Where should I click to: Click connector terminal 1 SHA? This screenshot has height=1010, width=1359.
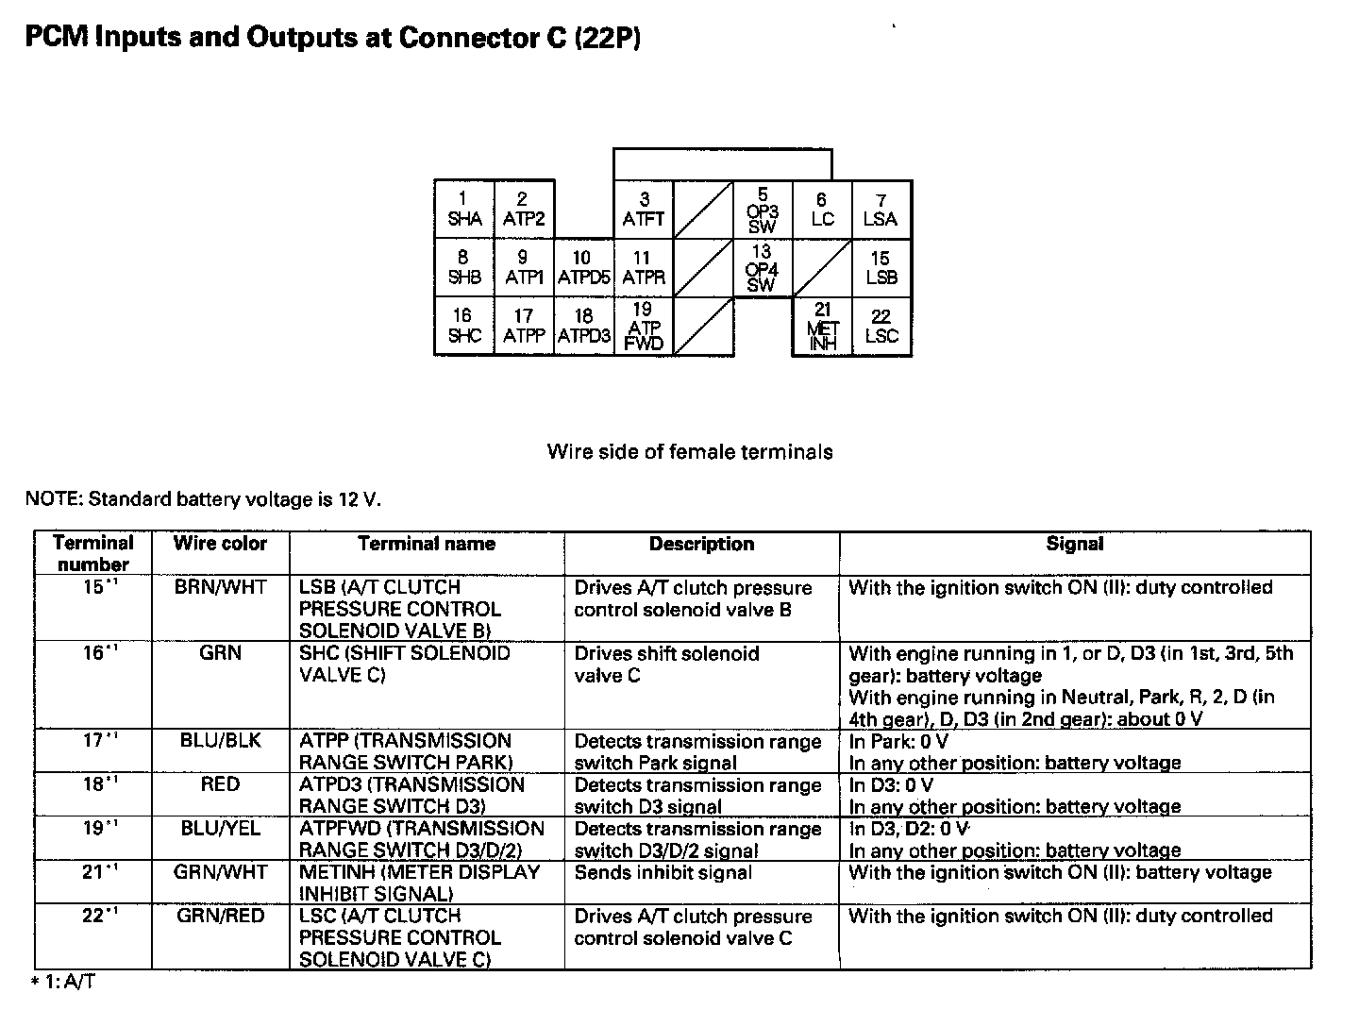coord(463,210)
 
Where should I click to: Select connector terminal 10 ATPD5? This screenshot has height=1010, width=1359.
coord(583,268)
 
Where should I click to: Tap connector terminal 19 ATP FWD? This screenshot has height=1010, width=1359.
coord(644,327)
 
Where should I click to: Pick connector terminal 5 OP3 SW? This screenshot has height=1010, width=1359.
coord(763,210)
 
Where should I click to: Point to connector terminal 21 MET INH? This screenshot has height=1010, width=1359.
coord(822,328)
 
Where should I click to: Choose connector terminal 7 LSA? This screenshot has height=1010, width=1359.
coord(881,210)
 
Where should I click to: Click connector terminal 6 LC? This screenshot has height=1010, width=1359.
coord(822,210)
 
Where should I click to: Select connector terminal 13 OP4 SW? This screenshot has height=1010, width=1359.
coord(763,268)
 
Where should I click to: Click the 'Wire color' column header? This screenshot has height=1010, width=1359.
coord(220,544)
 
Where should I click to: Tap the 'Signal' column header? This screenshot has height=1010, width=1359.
coord(1074,544)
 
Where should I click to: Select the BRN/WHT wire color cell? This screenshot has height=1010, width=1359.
coord(220,587)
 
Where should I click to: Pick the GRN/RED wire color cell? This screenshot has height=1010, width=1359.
coord(220,916)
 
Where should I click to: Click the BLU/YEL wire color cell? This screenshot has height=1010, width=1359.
coord(220,828)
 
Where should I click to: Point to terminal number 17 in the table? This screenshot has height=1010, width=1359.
coord(92,741)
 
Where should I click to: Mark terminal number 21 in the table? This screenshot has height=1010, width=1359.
coord(92,872)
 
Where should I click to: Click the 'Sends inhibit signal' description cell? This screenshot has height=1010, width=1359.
coord(663,872)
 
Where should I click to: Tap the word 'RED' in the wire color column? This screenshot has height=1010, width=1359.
coord(220,784)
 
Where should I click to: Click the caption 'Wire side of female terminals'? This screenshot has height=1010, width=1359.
coord(689,451)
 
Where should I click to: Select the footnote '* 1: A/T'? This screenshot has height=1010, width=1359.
coord(63,983)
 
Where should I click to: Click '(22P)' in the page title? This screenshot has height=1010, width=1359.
coord(608,39)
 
